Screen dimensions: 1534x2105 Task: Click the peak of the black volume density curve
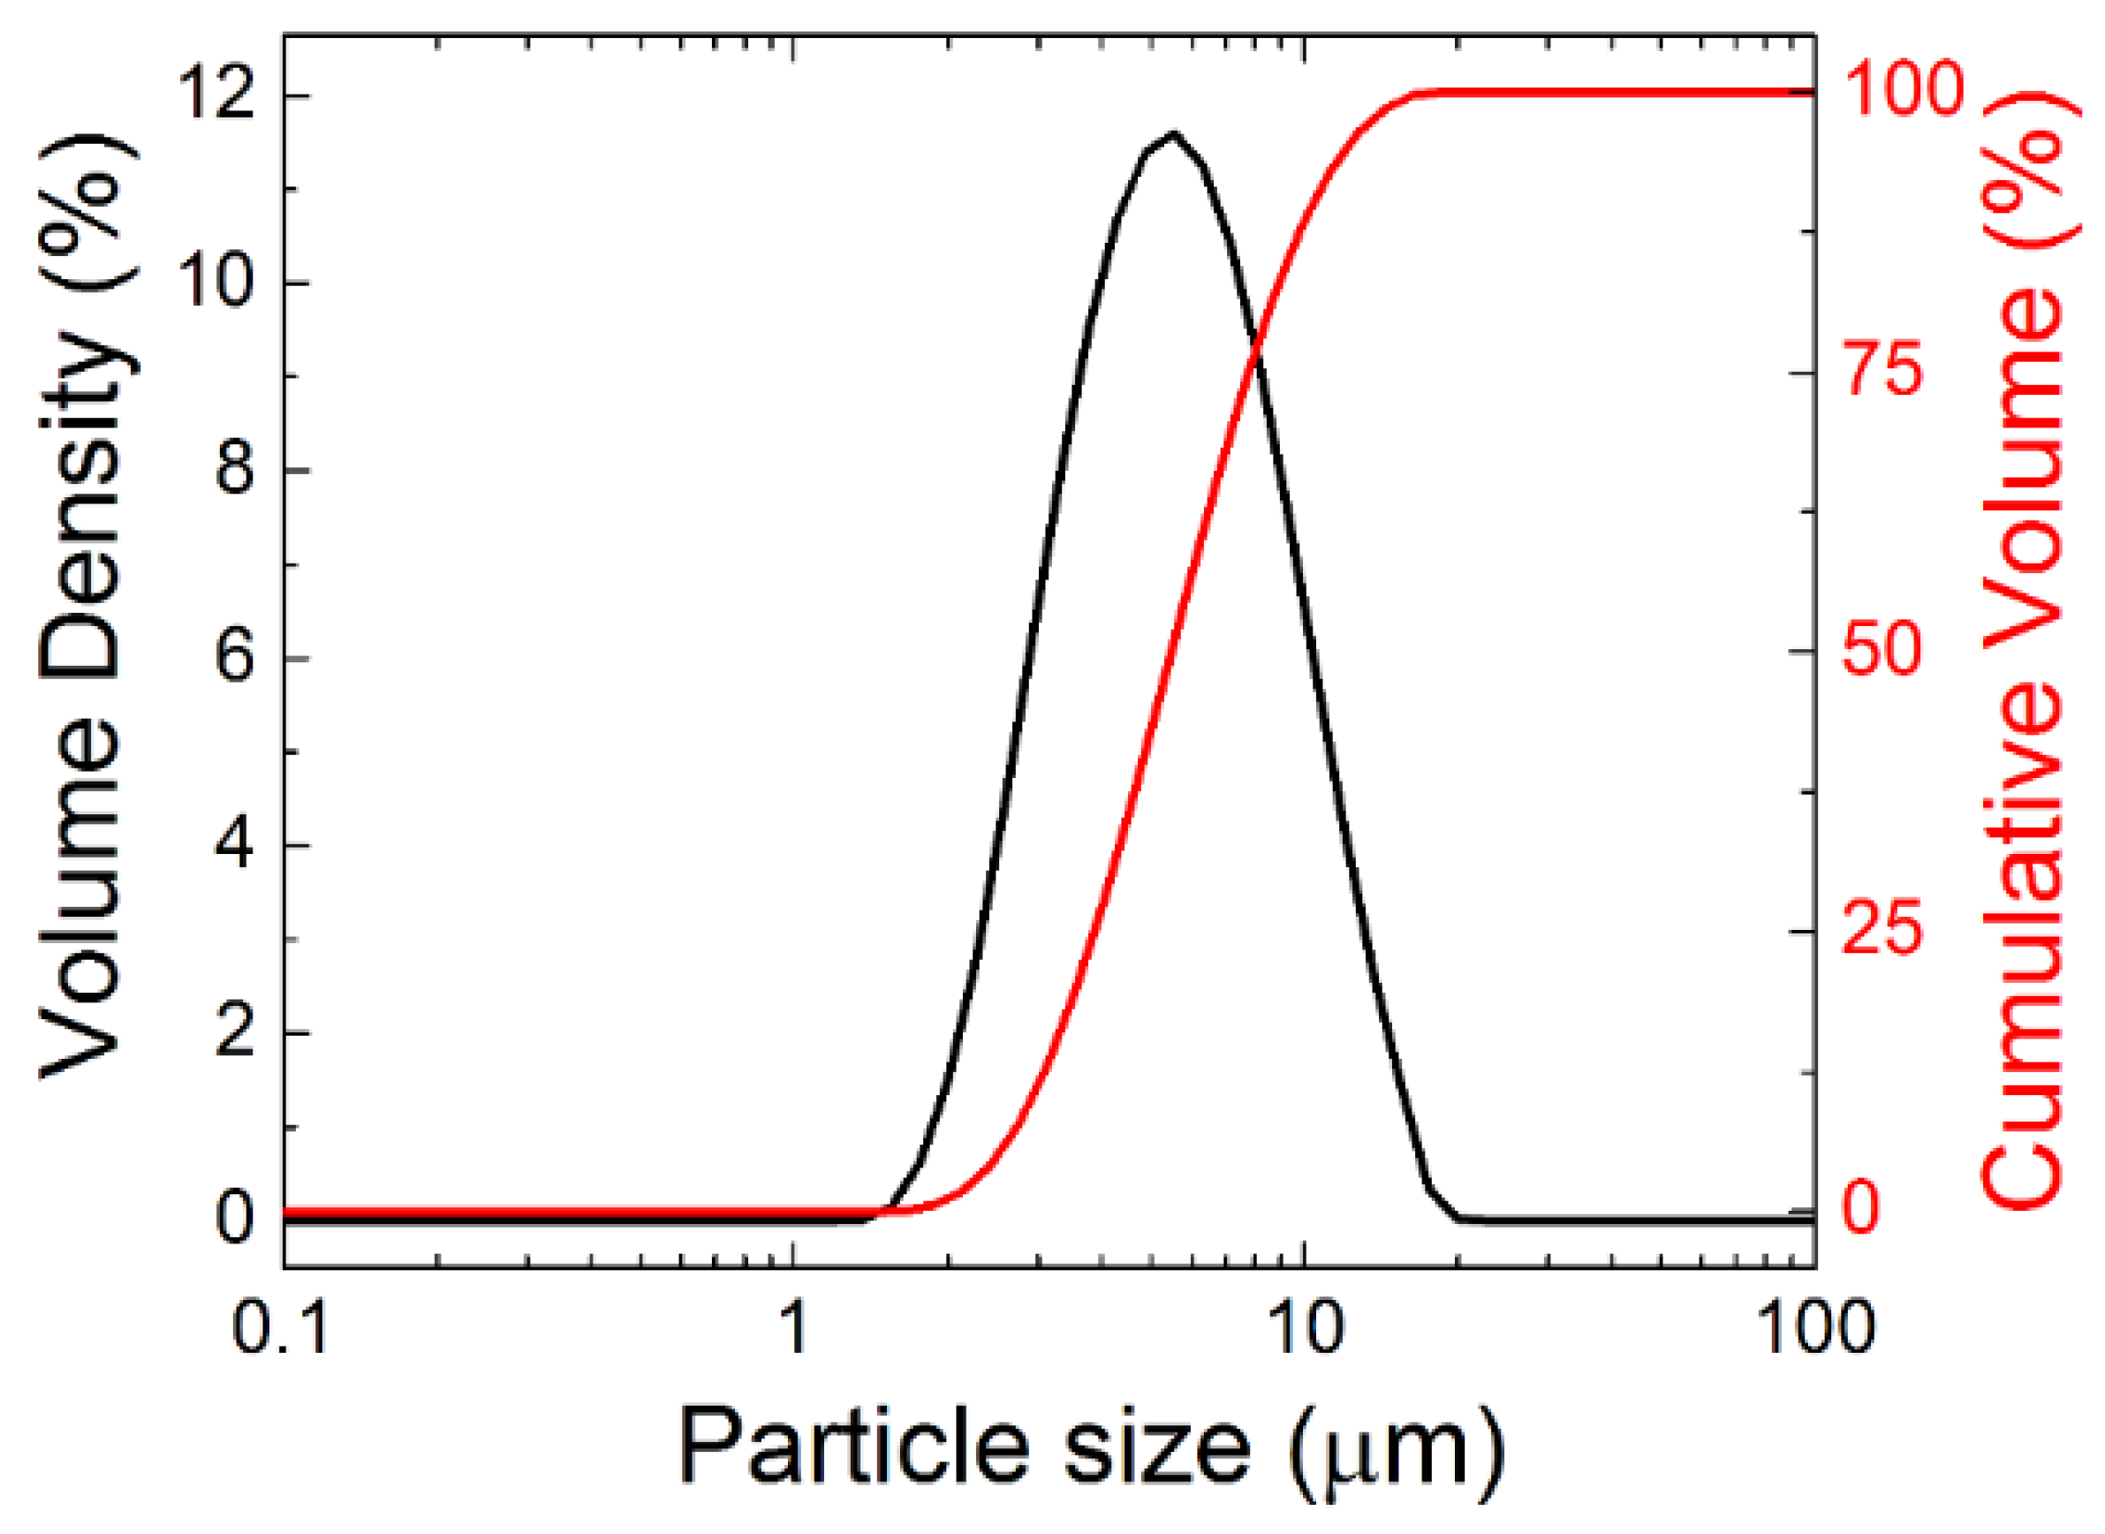(x=1174, y=133)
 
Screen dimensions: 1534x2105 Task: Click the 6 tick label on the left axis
(x=234, y=656)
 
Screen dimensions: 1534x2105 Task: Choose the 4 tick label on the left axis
(x=234, y=844)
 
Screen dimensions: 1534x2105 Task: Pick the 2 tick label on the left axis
(x=234, y=1031)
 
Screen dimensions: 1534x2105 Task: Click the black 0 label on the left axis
(x=234, y=1219)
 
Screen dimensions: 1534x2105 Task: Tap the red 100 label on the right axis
(x=1903, y=91)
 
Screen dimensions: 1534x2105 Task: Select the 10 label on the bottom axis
(x=1305, y=1329)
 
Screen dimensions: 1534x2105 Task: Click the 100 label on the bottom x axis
(x=1815, y=1329)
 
